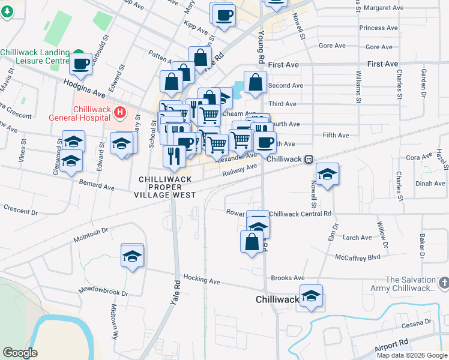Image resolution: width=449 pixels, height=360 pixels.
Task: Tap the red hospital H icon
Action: click(121, 112)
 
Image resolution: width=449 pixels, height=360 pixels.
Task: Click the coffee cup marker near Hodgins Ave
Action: click(80, 62)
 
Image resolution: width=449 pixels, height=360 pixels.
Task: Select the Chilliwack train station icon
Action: click(308, 159)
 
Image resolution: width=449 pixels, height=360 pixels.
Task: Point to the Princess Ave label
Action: click(379, 28)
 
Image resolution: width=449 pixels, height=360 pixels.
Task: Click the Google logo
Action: click(19, 353)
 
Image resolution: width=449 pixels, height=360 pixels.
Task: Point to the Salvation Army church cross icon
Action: click(444, 281)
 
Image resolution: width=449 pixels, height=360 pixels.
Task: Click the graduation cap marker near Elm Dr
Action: click(327, 174)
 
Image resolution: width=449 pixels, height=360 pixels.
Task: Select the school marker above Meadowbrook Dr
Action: click(131, 256)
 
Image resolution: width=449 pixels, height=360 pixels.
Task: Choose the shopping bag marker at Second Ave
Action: click(255, 83)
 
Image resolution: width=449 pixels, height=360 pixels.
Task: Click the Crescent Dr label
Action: click(20, 211)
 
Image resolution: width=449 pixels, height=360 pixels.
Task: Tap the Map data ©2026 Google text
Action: click(412, 355)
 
